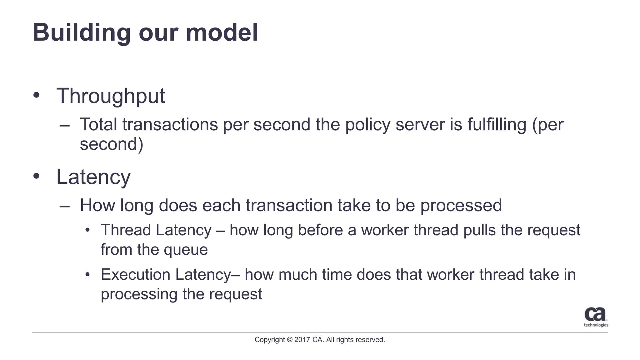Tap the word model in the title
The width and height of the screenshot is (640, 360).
pyautogui.click(x=222, y=32)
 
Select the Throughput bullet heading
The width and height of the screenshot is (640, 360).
pyautogui.click(x=110, y=96)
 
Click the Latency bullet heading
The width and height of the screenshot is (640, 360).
pyautogui.click(x=93, y=177)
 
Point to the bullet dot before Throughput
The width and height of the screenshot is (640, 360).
pyautogui.click(x=37, y=95)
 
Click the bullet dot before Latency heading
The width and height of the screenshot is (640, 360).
pyautogui.click(x=37, y=176)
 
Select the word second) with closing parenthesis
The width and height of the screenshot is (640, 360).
pyautogui.click(x=112, y=144)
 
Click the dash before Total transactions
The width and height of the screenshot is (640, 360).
pyautogui.click(x=64, y=126)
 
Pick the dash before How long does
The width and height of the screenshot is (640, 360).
pyautogui.click(x=64, y=207)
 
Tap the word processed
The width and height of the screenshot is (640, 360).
pyautogui.click(x=461, y=206)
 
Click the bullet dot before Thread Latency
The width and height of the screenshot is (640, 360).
pyautogui.click(x=88, y=230)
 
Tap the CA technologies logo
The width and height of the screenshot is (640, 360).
pyautogui.click(x=596, y=317)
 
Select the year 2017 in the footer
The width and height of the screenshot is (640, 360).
pyautogui.click(x=302, y=340)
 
